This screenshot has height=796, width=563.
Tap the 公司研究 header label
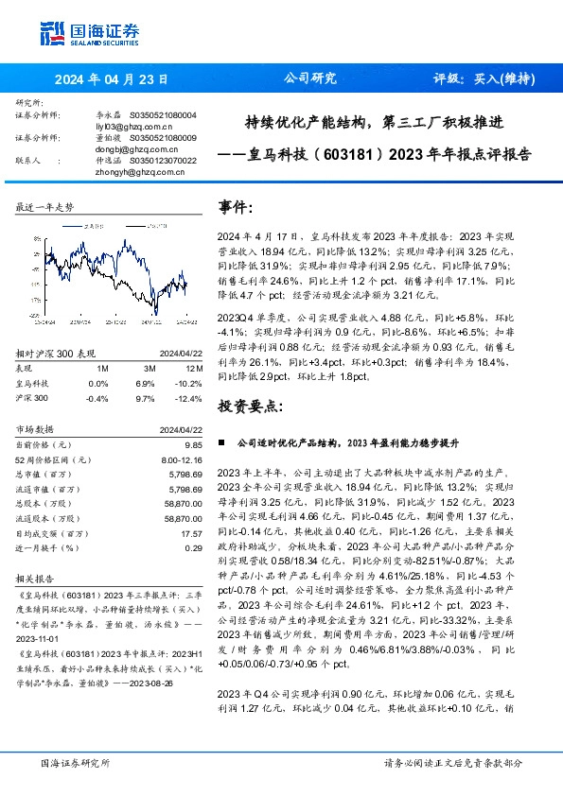pos(310,79)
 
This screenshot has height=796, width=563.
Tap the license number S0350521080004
pos(163,114)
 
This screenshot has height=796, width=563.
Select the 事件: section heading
pos(236,205)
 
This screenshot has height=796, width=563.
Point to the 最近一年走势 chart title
pos(45,207)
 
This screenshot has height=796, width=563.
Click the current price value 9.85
pos(193,443)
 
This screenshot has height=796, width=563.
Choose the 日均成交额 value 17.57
pos(191,533)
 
